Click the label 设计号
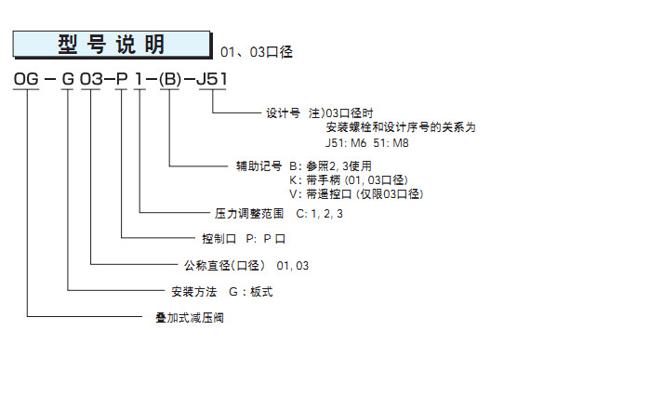(x=284, y=114)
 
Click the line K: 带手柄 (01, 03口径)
(x=347, y=180)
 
